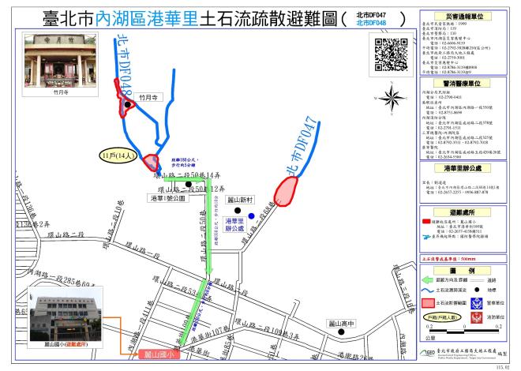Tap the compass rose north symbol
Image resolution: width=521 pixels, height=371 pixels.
(x=391, y=99)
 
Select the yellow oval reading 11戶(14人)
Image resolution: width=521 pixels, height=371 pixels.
(x=118, y=157)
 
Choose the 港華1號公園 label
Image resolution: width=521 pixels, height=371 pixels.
(x=161, y=199)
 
